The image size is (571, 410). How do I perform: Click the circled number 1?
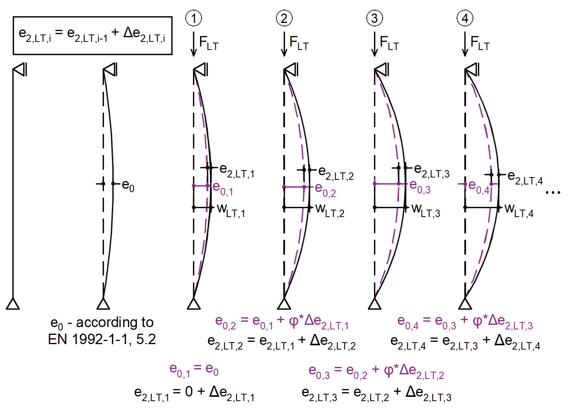(x=194, y=18)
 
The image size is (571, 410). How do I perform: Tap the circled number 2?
(x=284, y=18)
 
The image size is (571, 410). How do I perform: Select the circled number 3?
(x=374, y=18)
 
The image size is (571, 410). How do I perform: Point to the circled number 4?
(x=465, y=18)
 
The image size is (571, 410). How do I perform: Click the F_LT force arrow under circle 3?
(x=374, y=44)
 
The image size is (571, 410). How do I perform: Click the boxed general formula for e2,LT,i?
(x=93, y=36)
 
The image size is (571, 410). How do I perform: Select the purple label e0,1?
(x=223, y=189)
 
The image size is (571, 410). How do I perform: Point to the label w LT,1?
(x=231, y=211)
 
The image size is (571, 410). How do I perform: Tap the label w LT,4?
(x=519, y=211)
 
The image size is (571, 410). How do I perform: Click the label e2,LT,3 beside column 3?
(x=432, y=171)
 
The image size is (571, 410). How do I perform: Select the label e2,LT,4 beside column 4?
(x=525, y=177)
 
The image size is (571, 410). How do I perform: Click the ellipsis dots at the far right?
(x=553, y=192)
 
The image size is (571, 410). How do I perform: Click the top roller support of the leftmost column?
(x=20, y=69)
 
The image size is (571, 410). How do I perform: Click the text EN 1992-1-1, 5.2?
(x=102, y=339)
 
